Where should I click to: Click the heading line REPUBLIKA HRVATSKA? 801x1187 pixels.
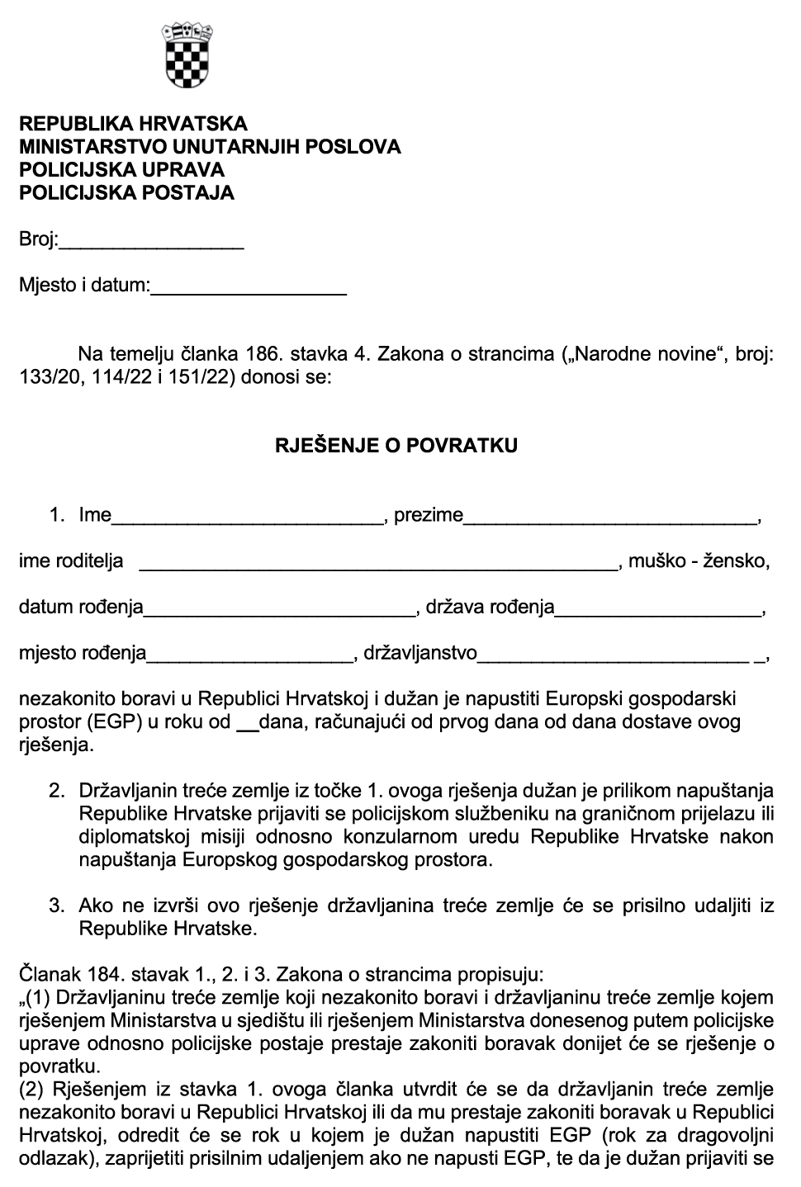133,124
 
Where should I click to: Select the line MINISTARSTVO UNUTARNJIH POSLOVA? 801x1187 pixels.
210,147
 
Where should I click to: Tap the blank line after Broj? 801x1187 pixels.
152,242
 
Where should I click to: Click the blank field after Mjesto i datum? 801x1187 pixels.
249,288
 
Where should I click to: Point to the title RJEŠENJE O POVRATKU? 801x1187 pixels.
396,446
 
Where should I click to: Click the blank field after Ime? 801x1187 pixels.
248,517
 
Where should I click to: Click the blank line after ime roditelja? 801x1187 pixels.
378,563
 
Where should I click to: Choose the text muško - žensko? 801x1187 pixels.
699,562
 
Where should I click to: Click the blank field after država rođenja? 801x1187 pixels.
658,609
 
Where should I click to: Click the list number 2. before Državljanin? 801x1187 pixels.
56,791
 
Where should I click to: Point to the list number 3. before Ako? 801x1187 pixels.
56,906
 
